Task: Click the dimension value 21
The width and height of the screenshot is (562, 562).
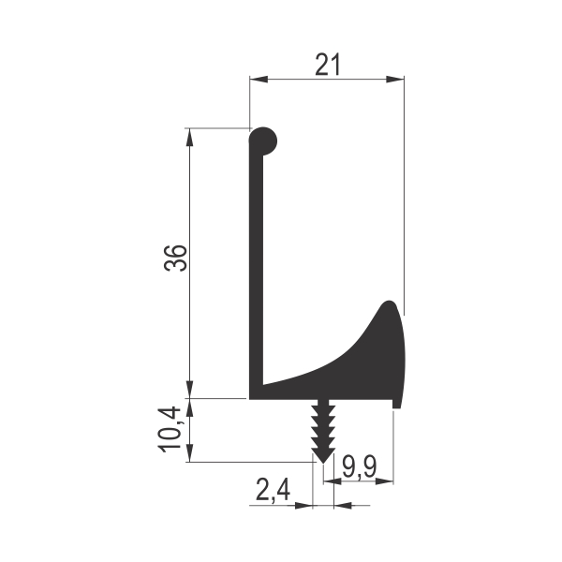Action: point(327,65)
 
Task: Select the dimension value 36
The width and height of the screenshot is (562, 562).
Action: point(176,259)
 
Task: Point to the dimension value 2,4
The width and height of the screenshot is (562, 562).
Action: point(273,491)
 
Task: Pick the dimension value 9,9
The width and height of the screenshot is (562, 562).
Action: point(359,467)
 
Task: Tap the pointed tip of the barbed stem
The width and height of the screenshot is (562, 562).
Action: point(323,463)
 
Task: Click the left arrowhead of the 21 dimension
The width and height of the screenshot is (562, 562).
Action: point(259,80)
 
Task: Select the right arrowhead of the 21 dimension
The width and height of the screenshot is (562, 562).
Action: point(395,80)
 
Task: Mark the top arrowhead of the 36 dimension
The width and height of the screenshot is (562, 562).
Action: point(190,137)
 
